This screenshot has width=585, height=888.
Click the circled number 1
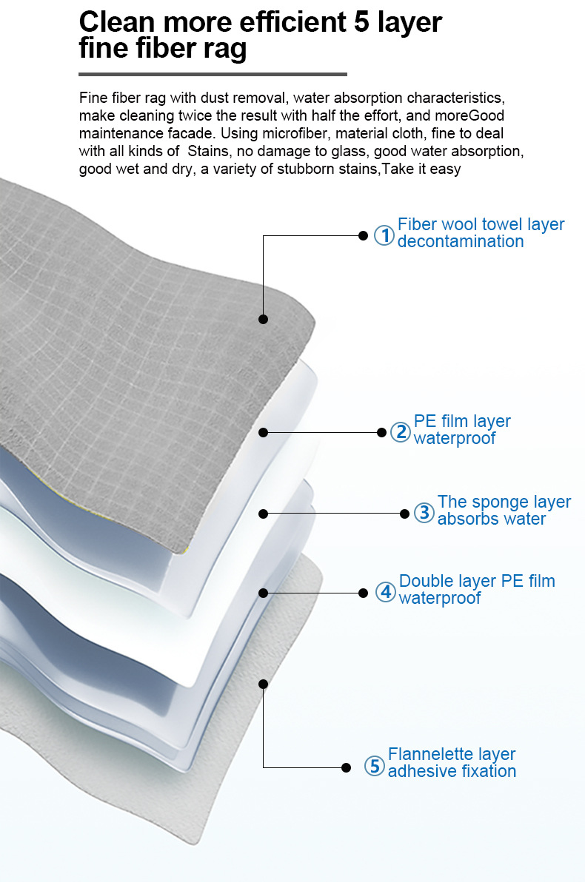pos(384,235)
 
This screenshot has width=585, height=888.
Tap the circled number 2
pos(400,432)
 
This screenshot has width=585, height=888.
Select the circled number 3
pos(424,513)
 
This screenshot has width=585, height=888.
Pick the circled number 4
pos(385,592)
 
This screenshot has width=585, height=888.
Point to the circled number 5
pos(375,767)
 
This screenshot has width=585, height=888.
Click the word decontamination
pos(460,242)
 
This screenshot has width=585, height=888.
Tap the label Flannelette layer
pos(451,754)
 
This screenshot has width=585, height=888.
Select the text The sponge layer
pos(504,502)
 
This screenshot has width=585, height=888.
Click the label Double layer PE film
pos(476,581)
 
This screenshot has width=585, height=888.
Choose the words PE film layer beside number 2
pos(461,421)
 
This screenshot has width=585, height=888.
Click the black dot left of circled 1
pos(363,235)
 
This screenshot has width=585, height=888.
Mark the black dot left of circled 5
pos(346,767)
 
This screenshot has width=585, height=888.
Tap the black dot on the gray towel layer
pos(263,319)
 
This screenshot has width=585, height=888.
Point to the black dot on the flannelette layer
pos(263,684)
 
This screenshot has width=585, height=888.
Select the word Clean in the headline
pos(116,22)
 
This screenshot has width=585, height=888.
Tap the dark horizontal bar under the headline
pos(213,74)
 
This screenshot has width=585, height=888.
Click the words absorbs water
pos(491,519)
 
